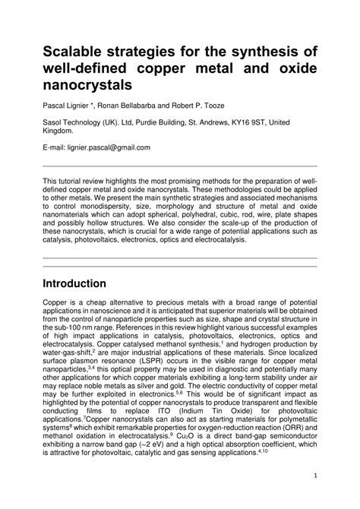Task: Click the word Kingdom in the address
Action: click(x=60, y=130)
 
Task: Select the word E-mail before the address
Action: click(x=55, y=147)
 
